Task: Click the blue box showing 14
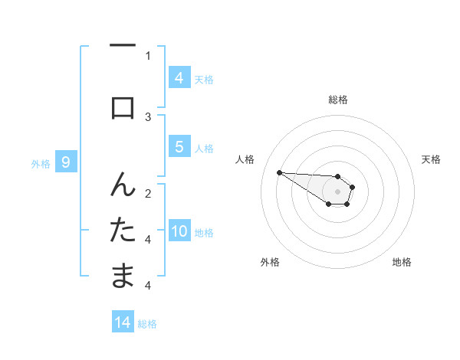(x=123, y=323)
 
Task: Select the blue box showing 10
(x=179, y=232)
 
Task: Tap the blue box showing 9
(x=67, y=162)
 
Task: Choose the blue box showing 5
(x=179, y=147)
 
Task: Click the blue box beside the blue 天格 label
(x=179, y=77)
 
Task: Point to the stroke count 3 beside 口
(x=148, y=116)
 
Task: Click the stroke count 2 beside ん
(x=148, y=193)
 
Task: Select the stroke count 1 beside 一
(x=148, y=55)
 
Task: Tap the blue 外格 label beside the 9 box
(x=41, y=163)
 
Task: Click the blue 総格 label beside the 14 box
(x=147, y=324)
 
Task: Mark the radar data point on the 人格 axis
(x=279, y=172)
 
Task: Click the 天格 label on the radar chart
(x=431, y=159)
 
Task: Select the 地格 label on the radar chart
(x=402, y=263)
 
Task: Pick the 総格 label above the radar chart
(x=337, y=100)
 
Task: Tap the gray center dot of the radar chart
(x=337, y=191)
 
